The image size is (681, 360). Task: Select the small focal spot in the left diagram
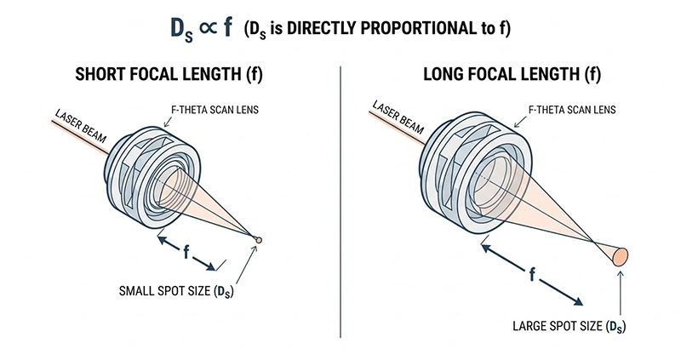coord(258,239)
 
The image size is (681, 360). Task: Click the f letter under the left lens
coord(186,253)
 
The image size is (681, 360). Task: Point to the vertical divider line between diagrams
coord(340,204)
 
